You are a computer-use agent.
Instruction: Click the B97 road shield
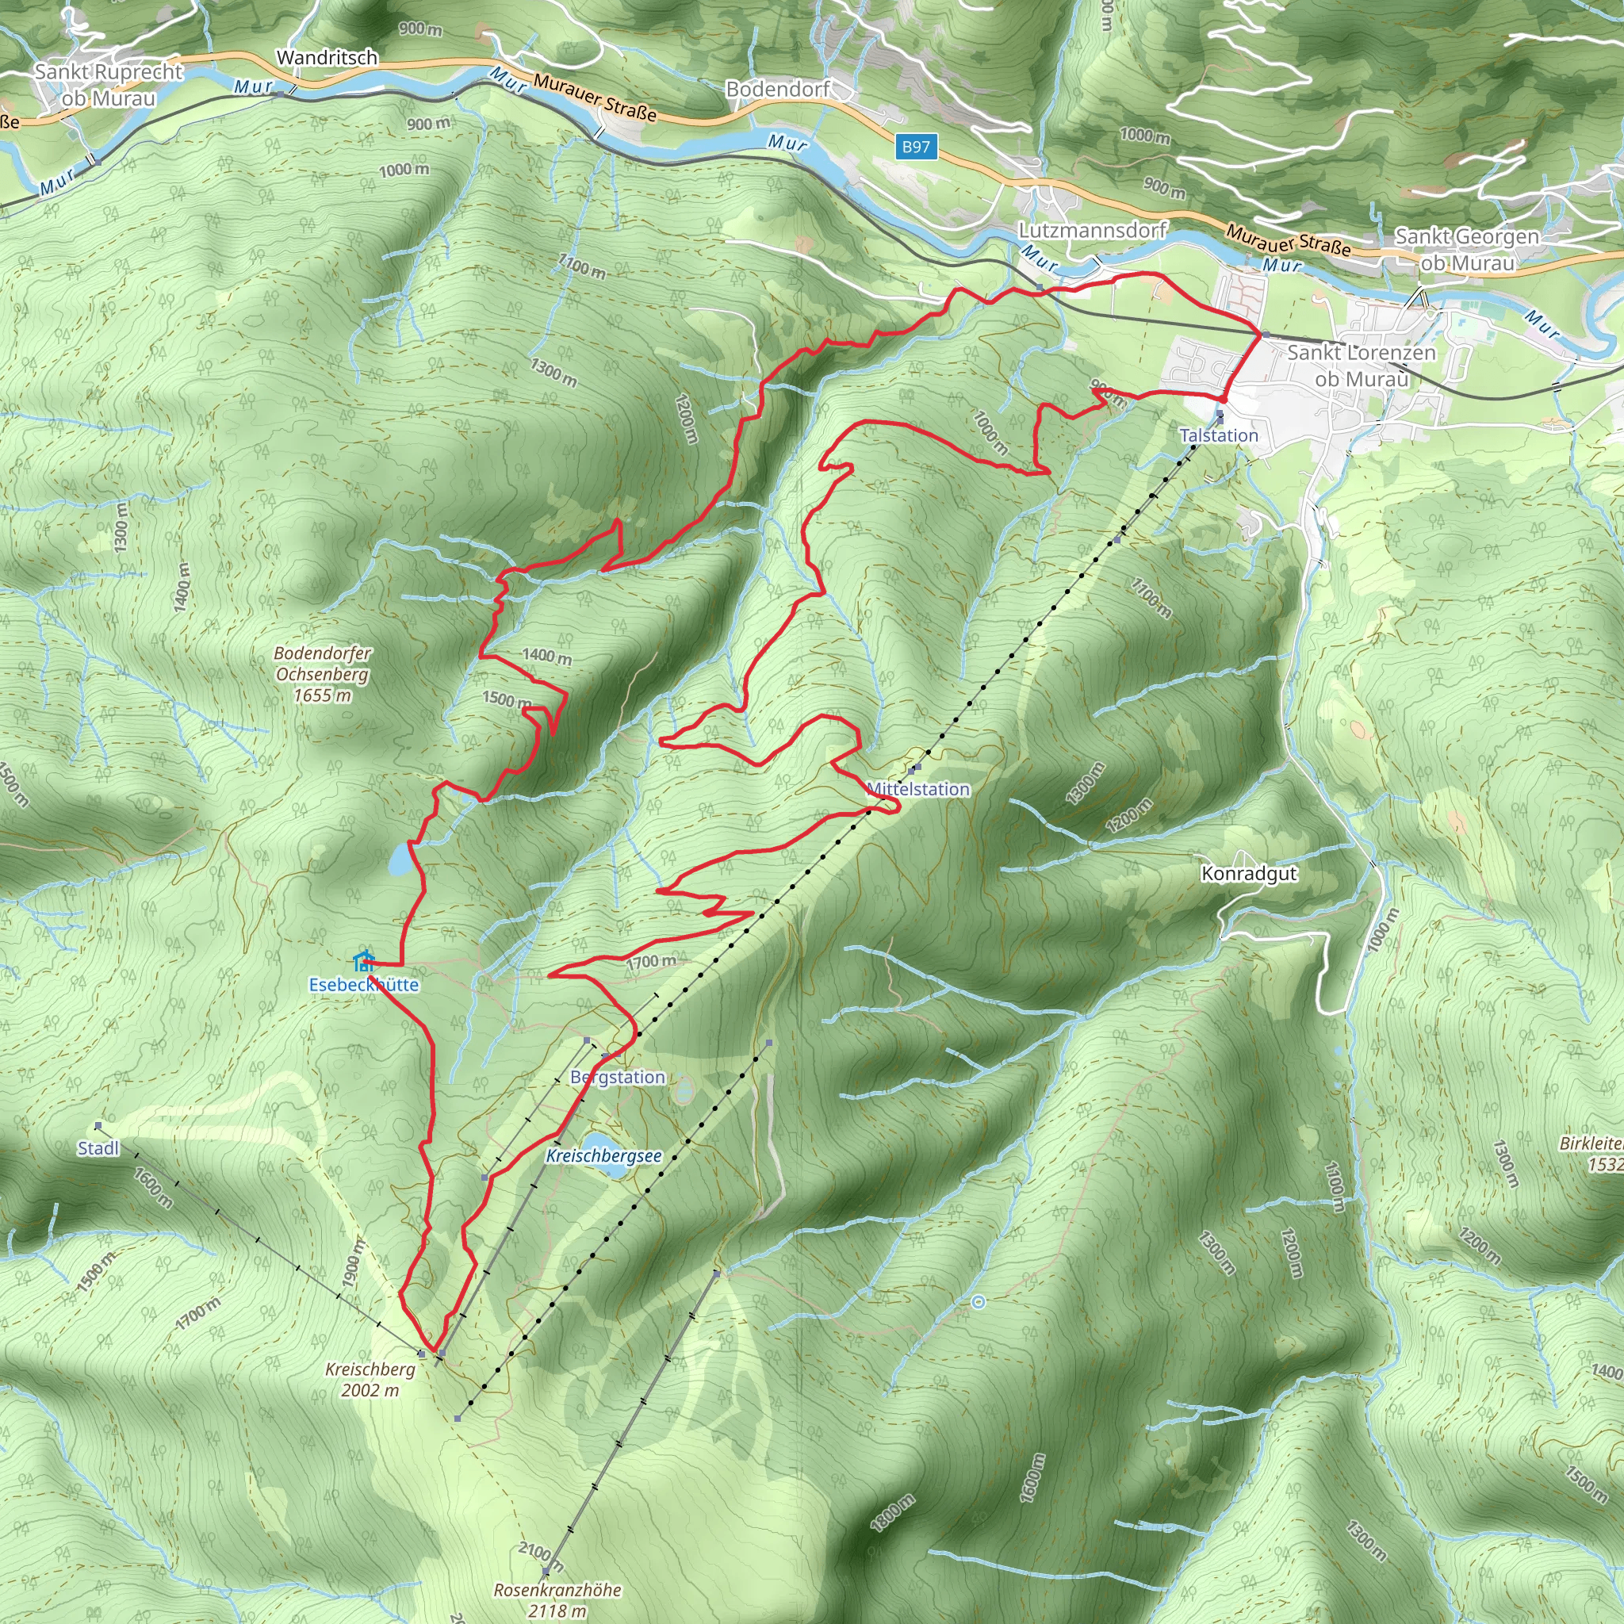click(x=916, y=147)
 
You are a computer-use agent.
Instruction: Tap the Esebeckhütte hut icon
click(x=363, y=961)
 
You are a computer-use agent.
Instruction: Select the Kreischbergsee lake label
click(x=603, y=1156)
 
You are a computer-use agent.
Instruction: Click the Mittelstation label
click(x=918, y=789)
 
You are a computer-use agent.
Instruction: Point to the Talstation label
click(x=1219, y=435)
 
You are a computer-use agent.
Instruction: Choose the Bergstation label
click(x=618, y=1078)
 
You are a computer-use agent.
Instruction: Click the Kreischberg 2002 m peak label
click(x=370, y=1380)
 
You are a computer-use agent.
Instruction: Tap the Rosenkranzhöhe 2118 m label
click(x=557, y=1600)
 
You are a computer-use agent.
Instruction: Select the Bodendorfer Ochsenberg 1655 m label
click(x=323, y=674)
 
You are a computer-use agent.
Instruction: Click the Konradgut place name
click(x=1249, y=873)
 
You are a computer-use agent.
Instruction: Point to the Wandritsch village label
click(x=327, y=58)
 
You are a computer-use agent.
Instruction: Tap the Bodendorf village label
click(x=778, y=89)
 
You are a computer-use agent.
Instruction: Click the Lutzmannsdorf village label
click(x=1093, y=230)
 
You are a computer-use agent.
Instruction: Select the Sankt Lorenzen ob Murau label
click(x=1362, y=366)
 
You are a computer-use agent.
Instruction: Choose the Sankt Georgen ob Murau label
click(x=1467, y=250)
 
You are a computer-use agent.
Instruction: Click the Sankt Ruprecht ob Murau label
click(x=109, y=85)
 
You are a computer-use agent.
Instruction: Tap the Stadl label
click(x=98, y=1148)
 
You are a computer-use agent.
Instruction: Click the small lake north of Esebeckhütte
click(x=400, y=860)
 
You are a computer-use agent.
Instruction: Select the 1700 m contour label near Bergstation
click(x=652, y=962)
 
